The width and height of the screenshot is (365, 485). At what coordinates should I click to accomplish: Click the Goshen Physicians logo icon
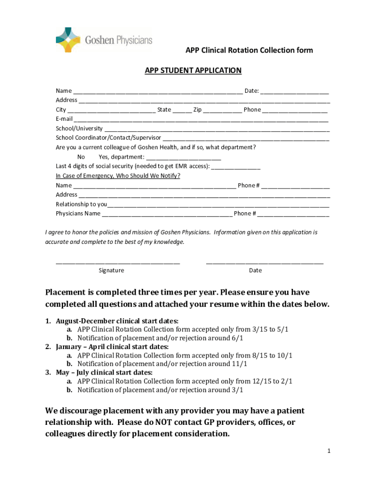[x=69, y=39]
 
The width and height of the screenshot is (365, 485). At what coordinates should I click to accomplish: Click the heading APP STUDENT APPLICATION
[x=193, y=71]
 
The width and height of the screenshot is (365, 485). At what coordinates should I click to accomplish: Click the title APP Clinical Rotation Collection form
[x=249, y=50]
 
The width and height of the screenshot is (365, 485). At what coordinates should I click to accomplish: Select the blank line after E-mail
[x=201, y=120]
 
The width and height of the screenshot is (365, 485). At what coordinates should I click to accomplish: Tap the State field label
[x=164, y=109]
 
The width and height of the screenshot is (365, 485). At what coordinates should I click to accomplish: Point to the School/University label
[x=79, y=128]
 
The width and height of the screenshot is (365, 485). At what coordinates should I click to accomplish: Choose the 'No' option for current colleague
[x=81, y=157]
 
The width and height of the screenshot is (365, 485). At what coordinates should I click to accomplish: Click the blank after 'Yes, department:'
[x=183, y=158]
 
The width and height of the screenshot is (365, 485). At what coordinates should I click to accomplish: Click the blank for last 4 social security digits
[x=236, y=167]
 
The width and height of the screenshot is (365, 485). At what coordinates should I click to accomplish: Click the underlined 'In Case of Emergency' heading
[x=118, y=176]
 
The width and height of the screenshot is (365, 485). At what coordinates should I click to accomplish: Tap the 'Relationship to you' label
[x=81, y=204]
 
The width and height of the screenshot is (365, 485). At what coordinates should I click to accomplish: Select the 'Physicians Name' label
[x=78, y=214]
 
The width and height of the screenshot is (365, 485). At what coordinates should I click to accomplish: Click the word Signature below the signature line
[x=111, y=270]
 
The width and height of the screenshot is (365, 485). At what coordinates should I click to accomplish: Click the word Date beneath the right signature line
[x=255, y=270]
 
